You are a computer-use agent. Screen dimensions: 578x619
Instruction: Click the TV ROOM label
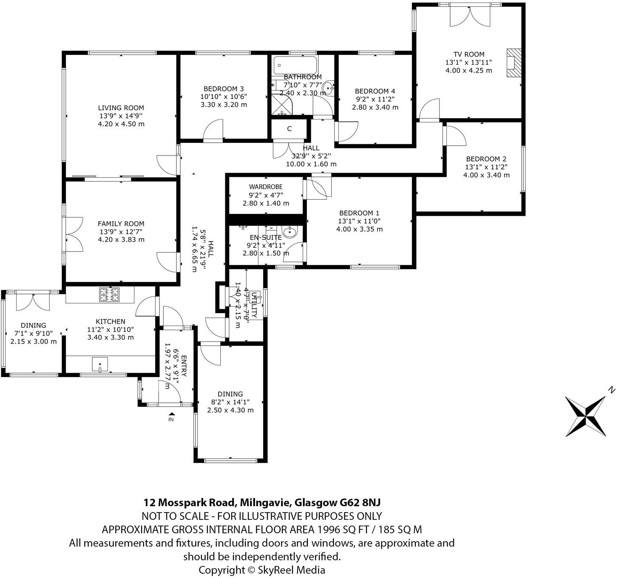pos(469,54)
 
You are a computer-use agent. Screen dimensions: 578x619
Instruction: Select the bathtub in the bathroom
pos(295,65)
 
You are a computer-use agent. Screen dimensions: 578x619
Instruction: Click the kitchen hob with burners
pos(109,295)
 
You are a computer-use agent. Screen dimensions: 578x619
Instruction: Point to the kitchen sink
pos(100,365)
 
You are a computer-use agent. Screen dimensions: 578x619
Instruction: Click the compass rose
pos(586,416)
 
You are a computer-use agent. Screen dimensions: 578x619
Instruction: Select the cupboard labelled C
pos(289,129)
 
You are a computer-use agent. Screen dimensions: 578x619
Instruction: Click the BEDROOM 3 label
pos(224,89)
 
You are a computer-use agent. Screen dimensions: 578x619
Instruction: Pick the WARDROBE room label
pos(266,187)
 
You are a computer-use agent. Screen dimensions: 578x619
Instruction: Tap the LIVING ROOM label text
pos(121,108)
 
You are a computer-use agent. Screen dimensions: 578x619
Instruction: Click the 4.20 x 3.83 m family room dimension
pos(121,239)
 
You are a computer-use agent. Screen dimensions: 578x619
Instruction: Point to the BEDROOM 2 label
pos(486,159)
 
